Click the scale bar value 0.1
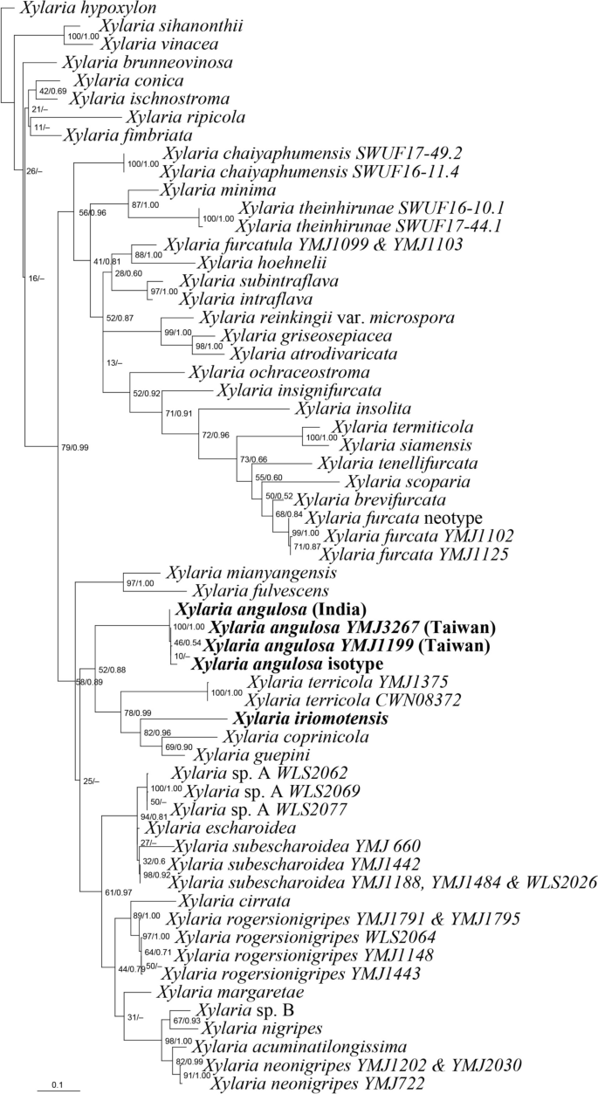[58, 1084]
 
